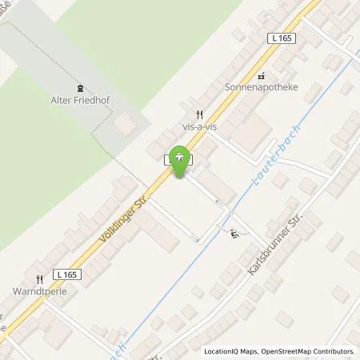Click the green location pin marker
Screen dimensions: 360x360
click(x=182, y=159)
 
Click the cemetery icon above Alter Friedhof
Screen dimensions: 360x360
click(x=79, y=89)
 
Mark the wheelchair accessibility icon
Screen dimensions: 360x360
click(x=233, y=234)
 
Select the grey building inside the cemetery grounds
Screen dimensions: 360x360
click(x=125, y=124)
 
